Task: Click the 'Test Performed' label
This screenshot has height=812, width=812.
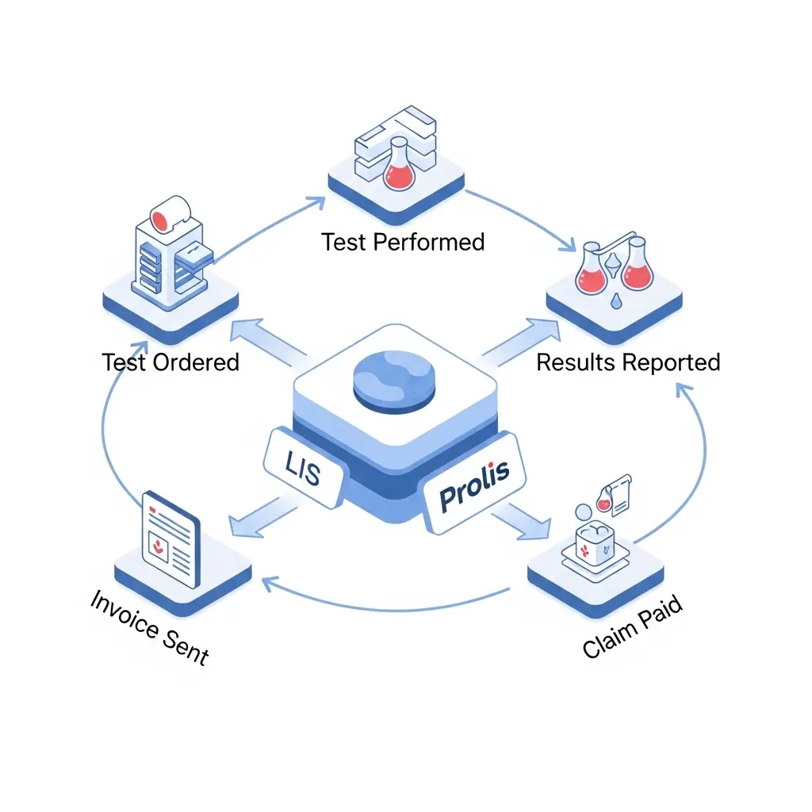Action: click(403, 242)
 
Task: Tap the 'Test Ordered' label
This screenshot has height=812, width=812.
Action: click(170, 362)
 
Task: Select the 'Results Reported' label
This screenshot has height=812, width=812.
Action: click(628, 362)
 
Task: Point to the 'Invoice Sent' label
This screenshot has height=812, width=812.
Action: click(149, 626)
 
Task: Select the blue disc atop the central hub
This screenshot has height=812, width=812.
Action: click(393, 382)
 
